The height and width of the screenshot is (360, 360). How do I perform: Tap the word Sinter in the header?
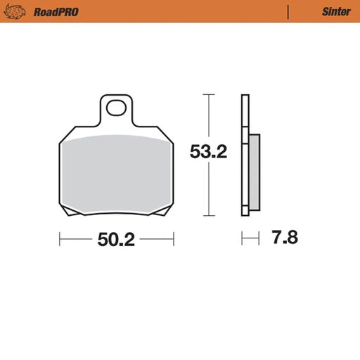[337, 11]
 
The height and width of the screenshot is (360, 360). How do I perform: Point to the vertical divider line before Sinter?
[288, 11]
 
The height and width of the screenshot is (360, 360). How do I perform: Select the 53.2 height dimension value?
[208, 152]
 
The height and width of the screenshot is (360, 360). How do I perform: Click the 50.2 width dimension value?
[115, 239]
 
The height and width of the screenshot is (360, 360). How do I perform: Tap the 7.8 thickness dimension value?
[285, 238]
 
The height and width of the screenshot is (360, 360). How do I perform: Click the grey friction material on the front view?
[115, 172]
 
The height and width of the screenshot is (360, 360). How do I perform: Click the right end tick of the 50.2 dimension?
[173, 239]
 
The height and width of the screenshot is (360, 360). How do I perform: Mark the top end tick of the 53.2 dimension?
[207, 94]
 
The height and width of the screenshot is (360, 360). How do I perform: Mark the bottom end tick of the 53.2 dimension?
[207, 215]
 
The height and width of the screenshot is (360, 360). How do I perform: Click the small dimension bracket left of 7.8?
[246, 239]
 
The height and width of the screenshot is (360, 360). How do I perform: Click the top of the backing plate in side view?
[245, 96]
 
